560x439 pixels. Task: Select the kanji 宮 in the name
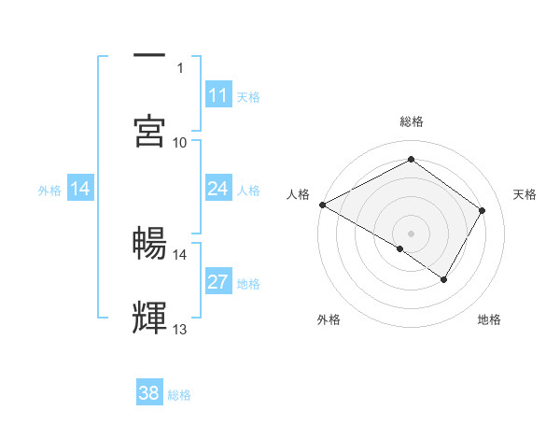(150, 132)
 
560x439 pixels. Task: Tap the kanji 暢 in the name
(150, 244)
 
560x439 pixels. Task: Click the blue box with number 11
(217, 95)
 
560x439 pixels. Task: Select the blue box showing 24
(217, 189)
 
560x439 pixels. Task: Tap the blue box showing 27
(217, 282)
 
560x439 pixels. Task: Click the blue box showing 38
(149, 393)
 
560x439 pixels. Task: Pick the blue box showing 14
(80, 189)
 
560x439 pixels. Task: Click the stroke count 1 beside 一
(180, 67)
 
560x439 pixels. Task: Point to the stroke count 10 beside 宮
(180, 142)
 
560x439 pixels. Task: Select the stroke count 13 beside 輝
(180, 329)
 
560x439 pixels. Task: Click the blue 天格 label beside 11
(248, 96)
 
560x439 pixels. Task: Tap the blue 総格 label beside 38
(179, 395)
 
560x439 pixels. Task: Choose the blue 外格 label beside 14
(49, 190)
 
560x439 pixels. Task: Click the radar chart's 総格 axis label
(412, 121)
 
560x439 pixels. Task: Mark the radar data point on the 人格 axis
(322, 205)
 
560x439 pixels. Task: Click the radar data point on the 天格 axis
(483, 210)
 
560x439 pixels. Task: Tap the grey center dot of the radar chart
(412, 233)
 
